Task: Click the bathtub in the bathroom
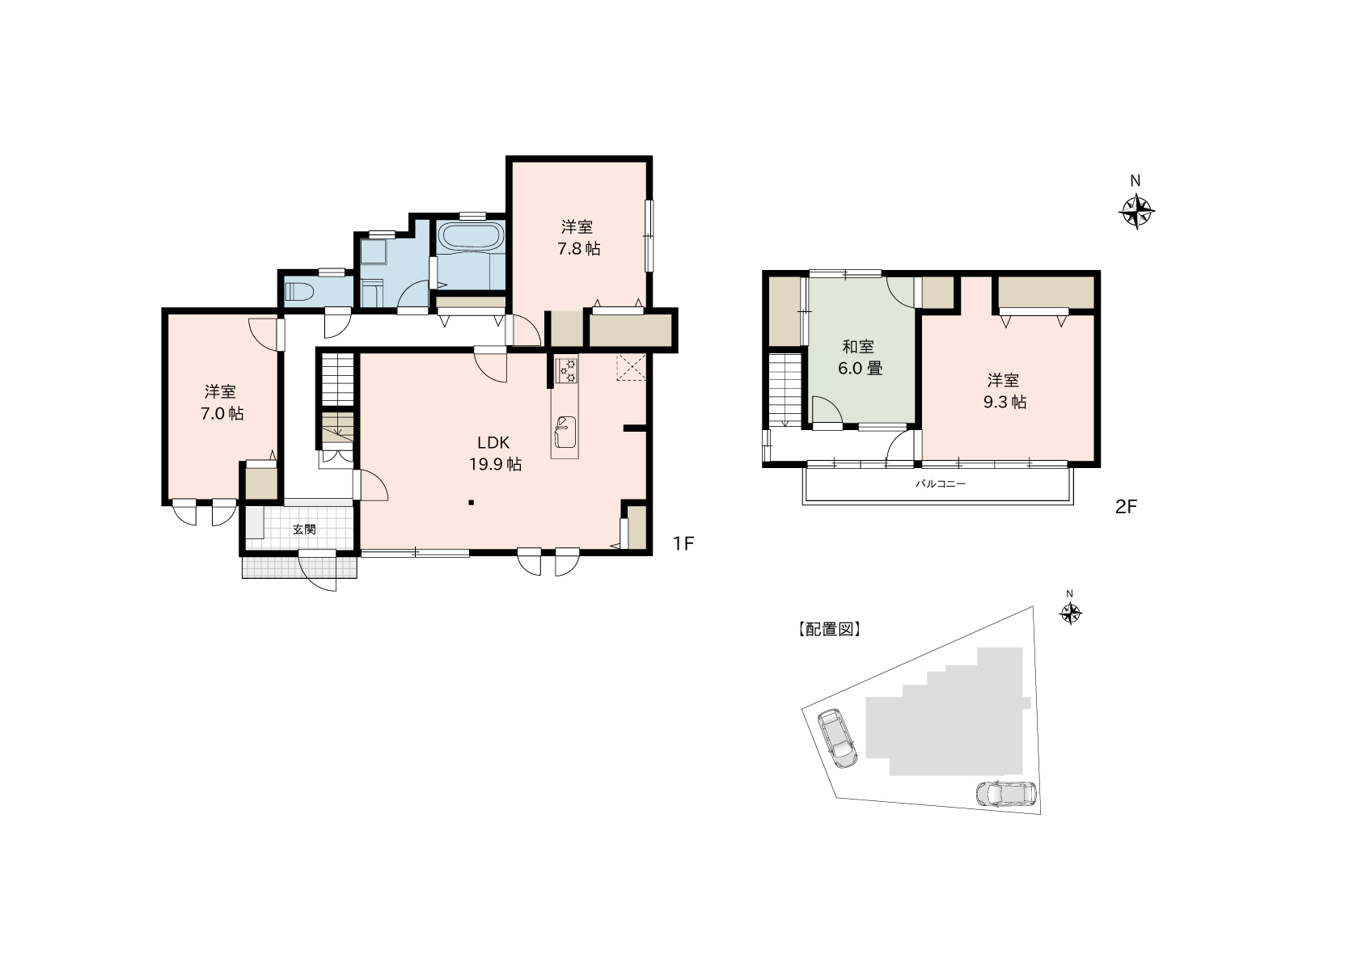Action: [x=471, y=237]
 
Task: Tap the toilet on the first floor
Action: [x=299, y=293]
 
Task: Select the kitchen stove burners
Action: [x=567, y=371]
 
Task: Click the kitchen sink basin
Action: [x=565, y=432]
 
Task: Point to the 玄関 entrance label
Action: [x=304, y=530]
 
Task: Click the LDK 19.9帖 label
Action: [x=494, y=454]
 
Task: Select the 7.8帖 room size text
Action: [x=579, y=249]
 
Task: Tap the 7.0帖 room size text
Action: [x=222, y=414]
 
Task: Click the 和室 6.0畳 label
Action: [x=859, y=357]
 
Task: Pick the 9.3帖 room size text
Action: [x=1005, y=403]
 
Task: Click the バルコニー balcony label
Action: [x=941, y=484]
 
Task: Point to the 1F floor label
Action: [x=683, y=543]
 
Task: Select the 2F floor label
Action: [x=1126, y=507]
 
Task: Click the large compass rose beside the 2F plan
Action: [x=1136, y=212]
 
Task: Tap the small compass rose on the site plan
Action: [x=1070, y=614]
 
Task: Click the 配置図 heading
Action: [x=829, y=630]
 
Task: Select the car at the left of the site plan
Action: [x=837, y=738]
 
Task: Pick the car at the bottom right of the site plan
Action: [x=1005, y=795]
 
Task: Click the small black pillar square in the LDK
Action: [x=471, y=503]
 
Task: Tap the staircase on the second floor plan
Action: [x=785, y=390]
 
